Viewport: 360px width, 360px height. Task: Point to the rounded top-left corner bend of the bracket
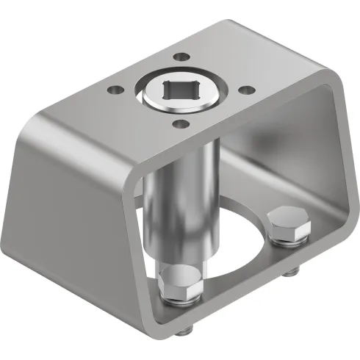(37, 125)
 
